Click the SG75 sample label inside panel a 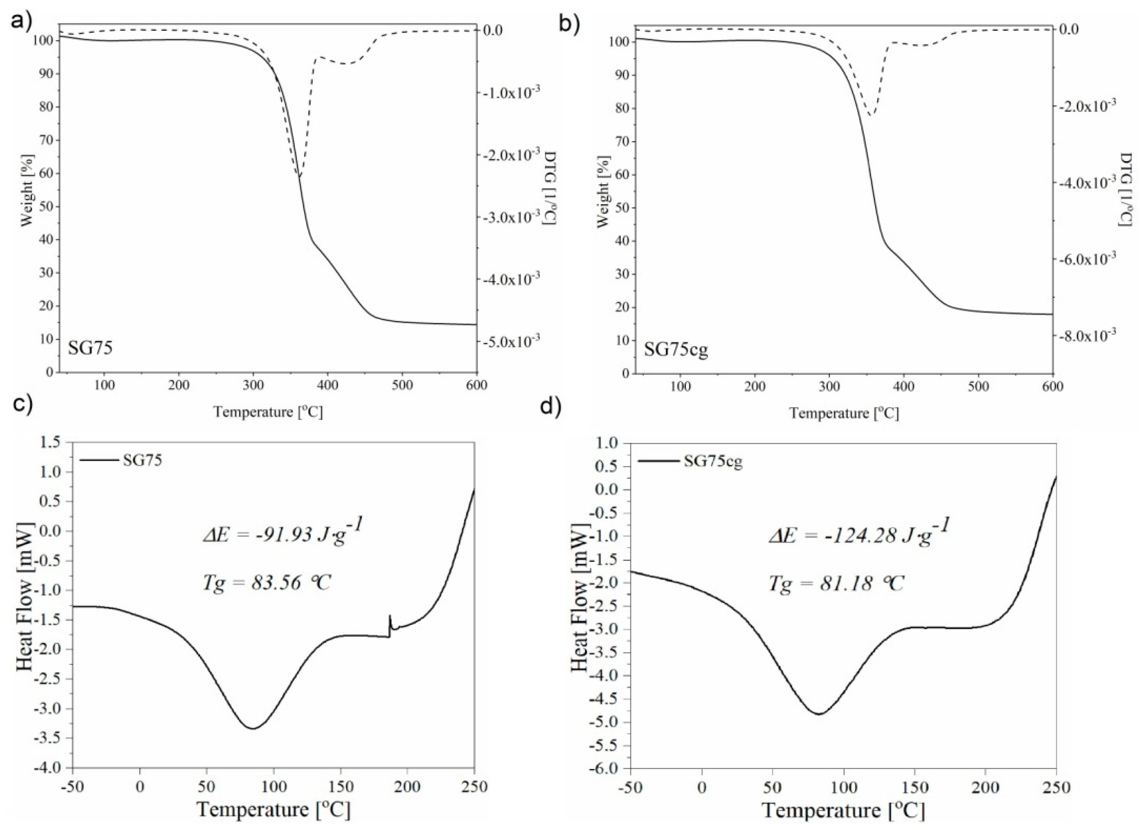pos(90,348)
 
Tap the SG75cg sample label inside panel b pos(676,350)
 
